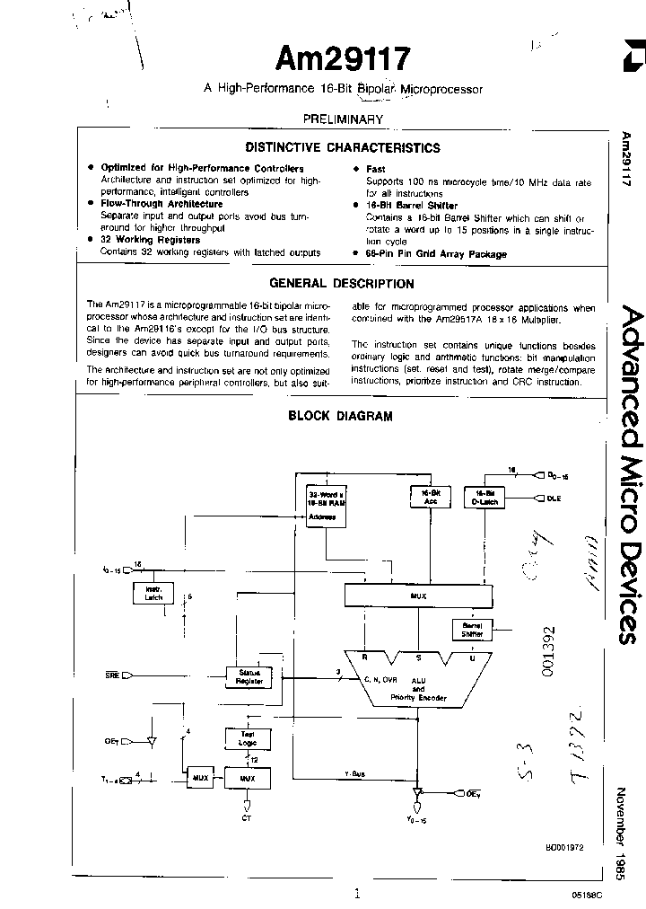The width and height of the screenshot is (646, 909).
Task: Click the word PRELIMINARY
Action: (x=343, y=119)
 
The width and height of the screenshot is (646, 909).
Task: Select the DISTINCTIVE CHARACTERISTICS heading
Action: (x=343, y=148)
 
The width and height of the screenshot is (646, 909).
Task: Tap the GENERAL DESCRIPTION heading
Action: (x=343, y=284)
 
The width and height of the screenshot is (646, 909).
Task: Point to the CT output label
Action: (x=247, y=817)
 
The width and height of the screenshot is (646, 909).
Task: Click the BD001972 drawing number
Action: (x=564, y=847)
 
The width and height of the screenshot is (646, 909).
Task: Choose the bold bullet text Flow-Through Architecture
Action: (x=161, y=204)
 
